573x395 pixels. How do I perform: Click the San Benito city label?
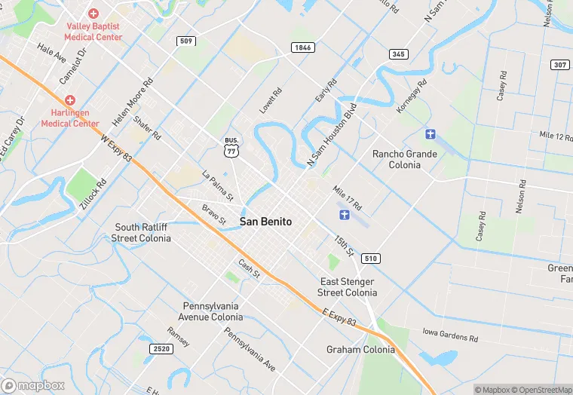(265, 222)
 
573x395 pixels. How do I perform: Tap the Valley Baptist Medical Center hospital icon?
(93, 14)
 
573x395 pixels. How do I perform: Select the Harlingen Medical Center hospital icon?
(70, 100)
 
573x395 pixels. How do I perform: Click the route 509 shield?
(186, 41)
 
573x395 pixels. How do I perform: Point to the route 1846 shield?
(302, 47)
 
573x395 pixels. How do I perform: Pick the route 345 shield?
(399, 54)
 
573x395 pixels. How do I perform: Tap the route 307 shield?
(559, 65)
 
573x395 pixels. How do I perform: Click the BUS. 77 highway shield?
(232, 148)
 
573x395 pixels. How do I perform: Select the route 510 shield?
(370, 259)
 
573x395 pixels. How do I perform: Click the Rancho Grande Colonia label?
(405, 159)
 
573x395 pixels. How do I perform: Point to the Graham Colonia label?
(360, 350)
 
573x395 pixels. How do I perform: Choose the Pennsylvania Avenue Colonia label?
(213, 311)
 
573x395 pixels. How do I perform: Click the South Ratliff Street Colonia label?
(142, 232)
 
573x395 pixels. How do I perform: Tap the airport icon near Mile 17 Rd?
(345, 216)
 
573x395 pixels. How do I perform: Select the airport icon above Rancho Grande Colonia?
(431, 134)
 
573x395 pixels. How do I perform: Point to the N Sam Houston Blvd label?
(331, 134)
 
